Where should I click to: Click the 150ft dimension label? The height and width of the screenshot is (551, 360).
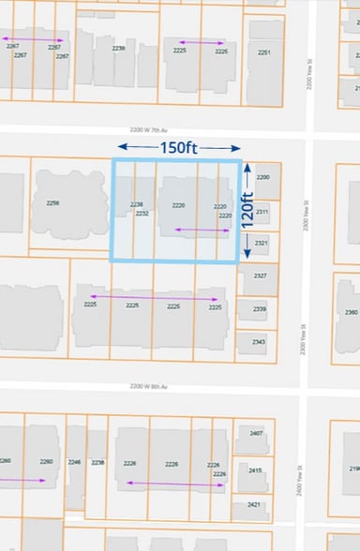tap(178, 147)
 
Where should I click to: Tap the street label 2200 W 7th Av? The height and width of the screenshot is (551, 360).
tap(154, 132)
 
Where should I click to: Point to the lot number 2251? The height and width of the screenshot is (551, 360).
tap(264, 52)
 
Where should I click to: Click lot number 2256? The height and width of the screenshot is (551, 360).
tap(52, 203)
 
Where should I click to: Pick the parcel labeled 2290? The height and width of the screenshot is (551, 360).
tap(262, 177)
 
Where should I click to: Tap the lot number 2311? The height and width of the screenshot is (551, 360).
tap(262, 212)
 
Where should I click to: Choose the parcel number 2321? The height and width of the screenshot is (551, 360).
tap(261, 244)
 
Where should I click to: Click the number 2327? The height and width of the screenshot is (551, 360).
tap(260, 275)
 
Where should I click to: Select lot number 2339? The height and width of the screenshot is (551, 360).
tap(259, 309)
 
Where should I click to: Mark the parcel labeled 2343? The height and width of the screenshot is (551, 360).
tap(258, 341)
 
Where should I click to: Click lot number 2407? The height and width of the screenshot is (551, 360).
tap(256, 433)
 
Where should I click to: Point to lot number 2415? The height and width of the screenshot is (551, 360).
tap(255, 469)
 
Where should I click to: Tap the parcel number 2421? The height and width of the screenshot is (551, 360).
tap(253, 504)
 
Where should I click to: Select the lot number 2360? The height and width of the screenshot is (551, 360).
tap(351, 311)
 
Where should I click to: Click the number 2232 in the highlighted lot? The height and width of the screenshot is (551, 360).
tap(142, 214)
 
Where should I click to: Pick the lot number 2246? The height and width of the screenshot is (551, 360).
tap(74, 462)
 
